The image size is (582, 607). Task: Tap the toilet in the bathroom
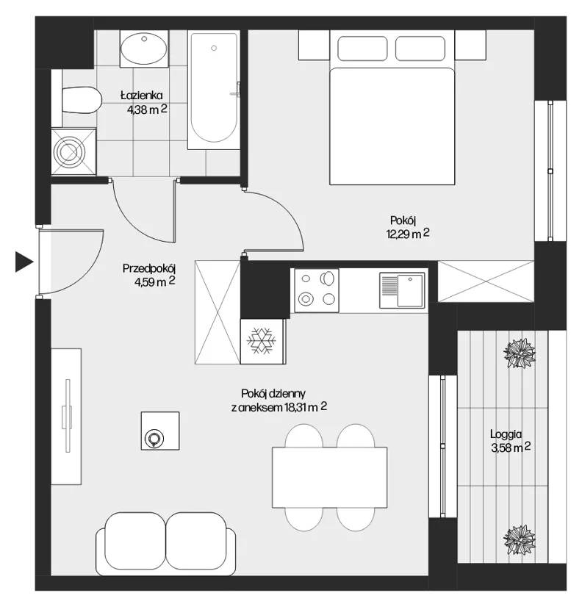(x=81, y=100)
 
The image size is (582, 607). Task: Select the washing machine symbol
(x=73, y=151)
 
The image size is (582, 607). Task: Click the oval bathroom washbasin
(x=143, y=49)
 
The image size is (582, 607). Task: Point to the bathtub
(x=212, y=90)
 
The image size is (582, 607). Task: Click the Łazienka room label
(x=141, y=96)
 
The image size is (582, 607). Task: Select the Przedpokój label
(x=149, y=268)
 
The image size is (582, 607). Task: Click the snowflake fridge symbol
(x=262, y=341)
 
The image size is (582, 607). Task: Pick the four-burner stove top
(x=317, y=290)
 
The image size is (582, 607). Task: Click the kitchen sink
(x=402, y=290)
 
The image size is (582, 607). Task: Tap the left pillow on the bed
(x=362, y=49)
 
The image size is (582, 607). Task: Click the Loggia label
(x=506, y=434)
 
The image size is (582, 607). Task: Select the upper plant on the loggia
(x=520, y=353)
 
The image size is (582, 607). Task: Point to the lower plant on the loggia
(x=520, y=540)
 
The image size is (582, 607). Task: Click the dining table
(x=329, y=478)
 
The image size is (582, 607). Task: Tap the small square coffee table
(x=160, y=431)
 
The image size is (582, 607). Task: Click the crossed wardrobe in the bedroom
(x=486, y=281)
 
